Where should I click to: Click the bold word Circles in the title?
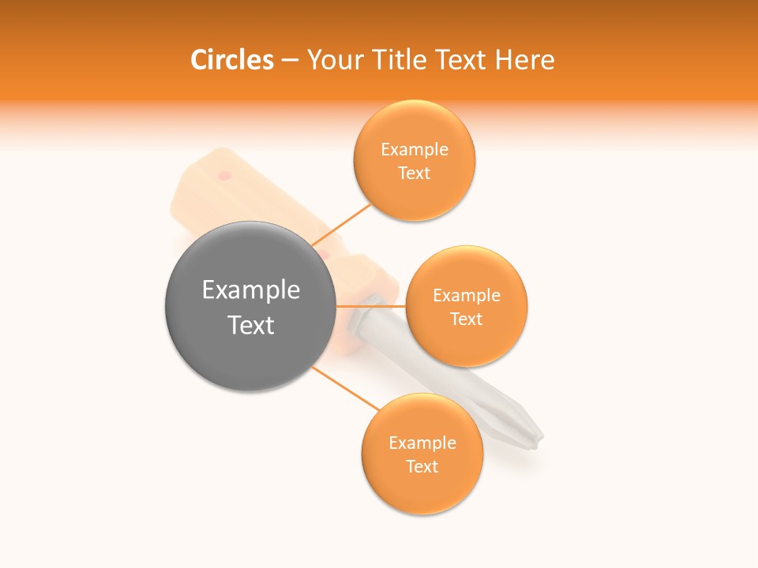232,60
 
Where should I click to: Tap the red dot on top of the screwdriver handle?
225,175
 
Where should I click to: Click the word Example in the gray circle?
251,290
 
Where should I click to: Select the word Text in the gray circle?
251,325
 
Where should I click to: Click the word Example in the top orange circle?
415,150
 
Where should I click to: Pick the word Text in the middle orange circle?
466,319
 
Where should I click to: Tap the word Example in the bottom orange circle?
422,443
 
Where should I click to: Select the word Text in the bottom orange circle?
422,467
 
